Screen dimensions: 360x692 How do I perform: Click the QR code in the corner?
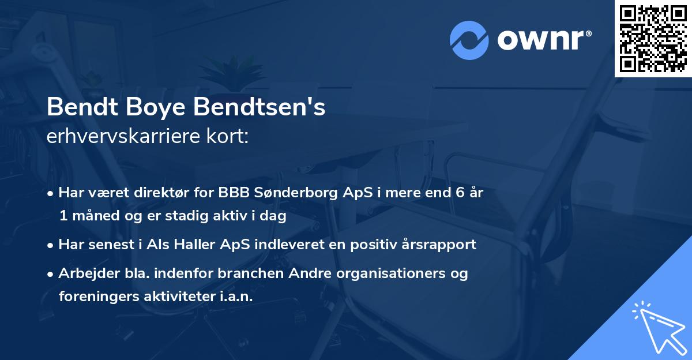[653, 38]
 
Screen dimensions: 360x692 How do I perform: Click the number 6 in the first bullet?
[460, 193]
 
